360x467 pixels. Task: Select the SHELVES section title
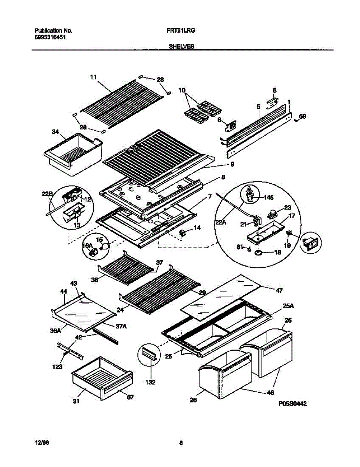click(x=182, y=46)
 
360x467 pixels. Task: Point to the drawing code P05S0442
click(x=293, y=404)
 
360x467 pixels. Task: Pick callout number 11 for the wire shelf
click(x=93, y=77)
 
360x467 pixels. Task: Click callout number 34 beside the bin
click(x=56, y=132)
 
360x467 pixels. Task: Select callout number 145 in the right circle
click(x=268, y=197)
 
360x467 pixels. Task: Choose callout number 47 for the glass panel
click(x=279, y=290)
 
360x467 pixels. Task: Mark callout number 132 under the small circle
click(x=151, y=382)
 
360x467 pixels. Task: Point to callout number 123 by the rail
click(x=57, y=367)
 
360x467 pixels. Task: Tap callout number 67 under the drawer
click(x=130, y=397)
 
